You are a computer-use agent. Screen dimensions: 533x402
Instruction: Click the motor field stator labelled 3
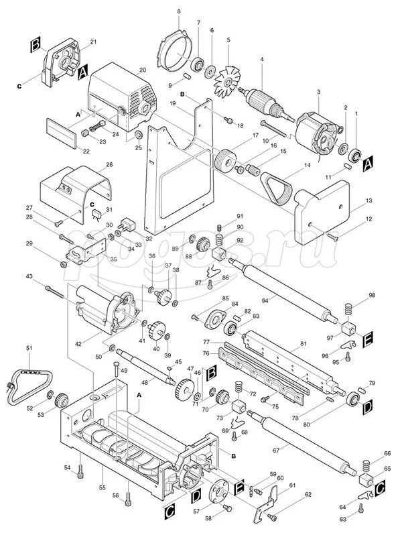[318, 131]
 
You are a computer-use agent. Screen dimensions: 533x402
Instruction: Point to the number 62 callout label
[308, 494]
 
